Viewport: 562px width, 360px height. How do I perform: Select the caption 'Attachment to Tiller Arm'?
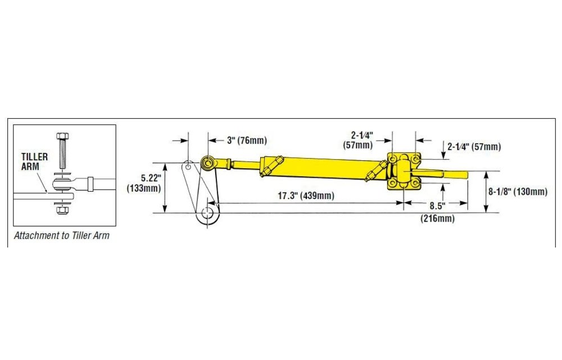click(x=62, y=236)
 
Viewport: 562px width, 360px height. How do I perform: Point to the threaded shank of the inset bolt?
click(x=62, y=157)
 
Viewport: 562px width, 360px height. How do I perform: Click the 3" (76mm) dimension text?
click(x=247, y=140)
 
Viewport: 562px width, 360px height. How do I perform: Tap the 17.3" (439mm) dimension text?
click(x=306, y=196)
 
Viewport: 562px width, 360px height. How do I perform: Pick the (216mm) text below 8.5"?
click(x=437, y=218)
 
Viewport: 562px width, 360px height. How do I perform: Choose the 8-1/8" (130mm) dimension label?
click(x=518, y=192)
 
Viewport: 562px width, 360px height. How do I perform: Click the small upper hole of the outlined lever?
click(x=188, y=166)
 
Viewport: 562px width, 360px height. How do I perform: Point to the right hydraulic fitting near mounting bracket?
click(x=374, y=173)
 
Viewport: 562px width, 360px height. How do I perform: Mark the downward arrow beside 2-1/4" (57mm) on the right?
click(x=443, y=159)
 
